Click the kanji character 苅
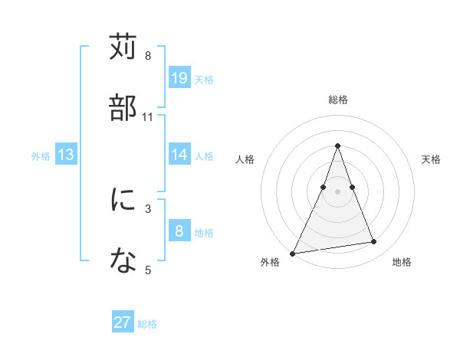pos(123,47)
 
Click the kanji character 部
pos(123,107)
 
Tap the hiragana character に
pos(123,200)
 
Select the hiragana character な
pos(123,260)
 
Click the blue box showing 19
pos(179,77)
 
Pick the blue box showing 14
pos(179,155)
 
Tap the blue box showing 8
pos(179,231)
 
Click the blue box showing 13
pos(66,155)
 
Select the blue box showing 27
pos(123,322)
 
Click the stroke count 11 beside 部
pos(148,117)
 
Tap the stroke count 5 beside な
pos(148,270)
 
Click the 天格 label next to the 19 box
pos(204,79)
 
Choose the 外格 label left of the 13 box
pos(41,155)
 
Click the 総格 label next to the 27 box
pos(147,324)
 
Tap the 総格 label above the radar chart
pos(337,100)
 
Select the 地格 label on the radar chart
pos(402,263)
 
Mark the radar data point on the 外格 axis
pos(293,253)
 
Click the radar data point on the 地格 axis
pos(374,242)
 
